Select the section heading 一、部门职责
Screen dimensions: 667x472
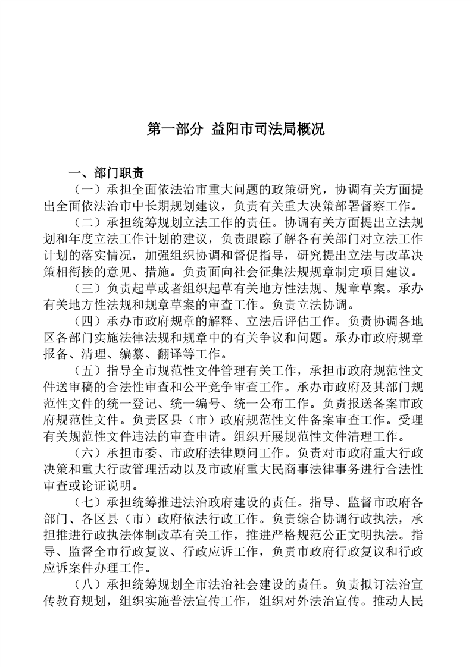(x=106, y=174)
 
